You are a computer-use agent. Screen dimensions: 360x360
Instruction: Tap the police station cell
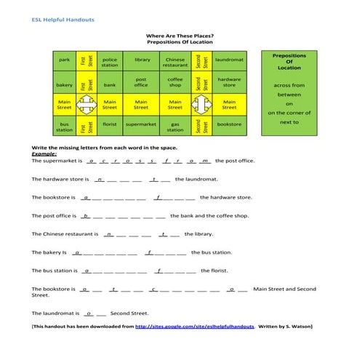[110, 63]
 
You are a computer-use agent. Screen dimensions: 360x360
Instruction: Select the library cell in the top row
[142, 60]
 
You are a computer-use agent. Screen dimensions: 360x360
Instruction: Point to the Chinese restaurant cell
[175, 63]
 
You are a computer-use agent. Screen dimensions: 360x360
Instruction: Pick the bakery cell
[64, 84]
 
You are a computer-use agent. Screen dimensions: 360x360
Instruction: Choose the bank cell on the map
[110, 84]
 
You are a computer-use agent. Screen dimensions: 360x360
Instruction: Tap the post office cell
[142, 82]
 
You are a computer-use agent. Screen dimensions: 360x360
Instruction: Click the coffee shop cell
[175, 82]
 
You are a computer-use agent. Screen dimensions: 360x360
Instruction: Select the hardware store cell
[230, 82]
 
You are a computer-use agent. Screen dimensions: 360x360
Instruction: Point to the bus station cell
[64, 127]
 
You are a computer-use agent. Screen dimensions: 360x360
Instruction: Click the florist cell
[110, 124]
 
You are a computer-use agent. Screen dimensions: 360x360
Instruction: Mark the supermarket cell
[142, 124]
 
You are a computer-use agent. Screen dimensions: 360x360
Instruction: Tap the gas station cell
[175, 127]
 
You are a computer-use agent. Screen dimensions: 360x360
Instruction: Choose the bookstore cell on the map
[230, 124]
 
